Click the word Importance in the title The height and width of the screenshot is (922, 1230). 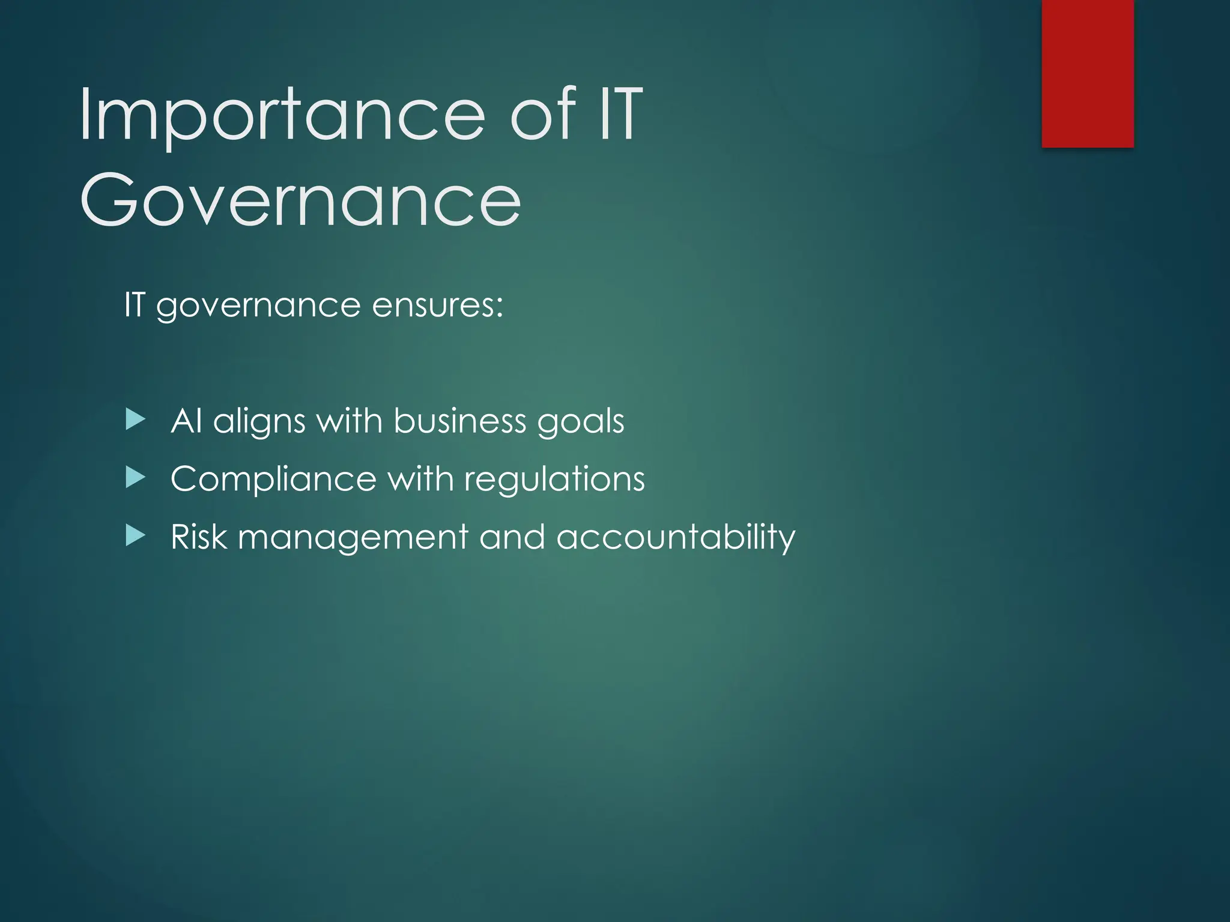[x=281, y=115]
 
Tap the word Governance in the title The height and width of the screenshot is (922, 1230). [x=300, y=200]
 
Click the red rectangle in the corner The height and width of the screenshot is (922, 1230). [x=1087, y=73]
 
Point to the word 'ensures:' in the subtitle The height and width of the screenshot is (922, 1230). [x=437, y=305]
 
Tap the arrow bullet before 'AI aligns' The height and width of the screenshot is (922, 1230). [x=136, y=420]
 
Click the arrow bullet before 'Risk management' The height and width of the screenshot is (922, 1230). [x=136, y=536]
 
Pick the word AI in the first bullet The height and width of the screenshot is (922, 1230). [x=186, y=421]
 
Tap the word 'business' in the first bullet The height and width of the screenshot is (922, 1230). [x=459, y=421]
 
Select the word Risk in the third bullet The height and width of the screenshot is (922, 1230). [x=199, y=537]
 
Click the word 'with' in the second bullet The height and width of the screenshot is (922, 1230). [x=420, y=478]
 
